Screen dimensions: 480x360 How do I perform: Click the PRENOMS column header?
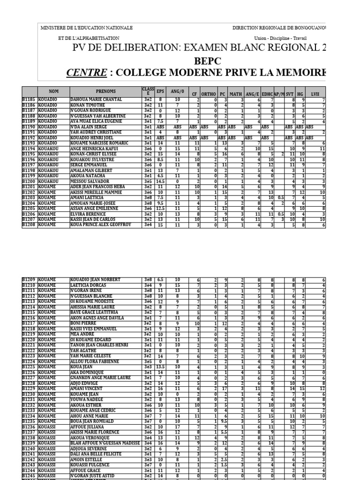(x=105, y=91)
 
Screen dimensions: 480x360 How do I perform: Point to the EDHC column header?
(x=267, y=94)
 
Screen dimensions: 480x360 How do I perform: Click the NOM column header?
(x=54, y=91)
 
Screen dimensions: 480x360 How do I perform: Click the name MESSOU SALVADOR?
(x=86, y=181)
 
